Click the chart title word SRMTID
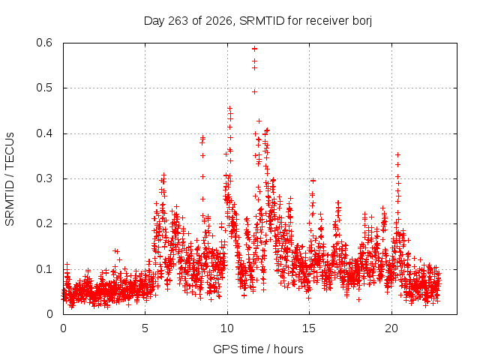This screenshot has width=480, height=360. [x=262, y=21]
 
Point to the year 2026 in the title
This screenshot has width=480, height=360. [x=218, y=21]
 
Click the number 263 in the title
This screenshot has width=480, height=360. [x=178, y=21]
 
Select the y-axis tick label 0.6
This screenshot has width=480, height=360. [x=44, y=43]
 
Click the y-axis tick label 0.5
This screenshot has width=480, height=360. [x=44, y=88]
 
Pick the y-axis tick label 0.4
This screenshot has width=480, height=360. [x=44, y=133]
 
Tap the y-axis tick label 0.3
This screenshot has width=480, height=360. [x=44, y=178]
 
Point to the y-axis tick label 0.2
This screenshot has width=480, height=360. [x=44, y=223]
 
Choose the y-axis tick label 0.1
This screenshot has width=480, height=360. [x=44, y=269]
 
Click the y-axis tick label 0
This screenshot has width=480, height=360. [x=49, y=314]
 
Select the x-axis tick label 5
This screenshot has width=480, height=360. [x=145, y=328]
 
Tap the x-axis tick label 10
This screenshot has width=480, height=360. [x=226, y=328]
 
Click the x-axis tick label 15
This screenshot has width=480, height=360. [x=309, y=328]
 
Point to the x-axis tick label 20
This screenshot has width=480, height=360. [x=391, y=328]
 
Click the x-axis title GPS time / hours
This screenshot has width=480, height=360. [x=258, y=349]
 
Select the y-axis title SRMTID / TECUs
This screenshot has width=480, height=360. [x=10, y=179]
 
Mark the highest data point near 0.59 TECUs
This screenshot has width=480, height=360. [x=254, y=49]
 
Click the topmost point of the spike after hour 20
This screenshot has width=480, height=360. [x=397, y=155]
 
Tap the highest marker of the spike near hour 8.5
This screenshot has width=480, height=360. [x=202, y=138]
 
